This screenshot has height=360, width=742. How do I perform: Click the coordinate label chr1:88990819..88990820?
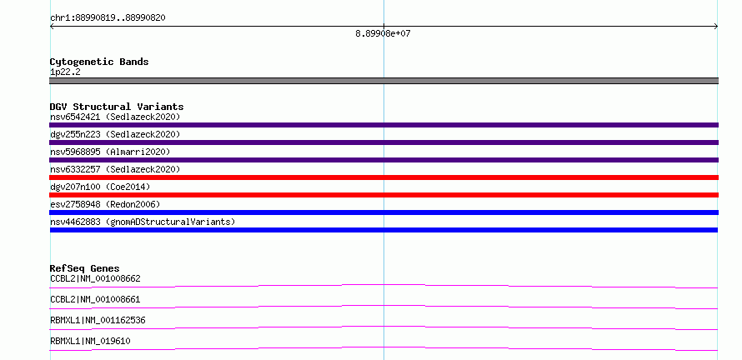point(108,18)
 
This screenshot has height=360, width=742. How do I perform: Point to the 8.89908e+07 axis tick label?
point(383,33)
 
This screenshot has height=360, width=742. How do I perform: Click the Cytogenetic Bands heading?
point(99,62)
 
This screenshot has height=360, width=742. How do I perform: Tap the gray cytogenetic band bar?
point(384,81)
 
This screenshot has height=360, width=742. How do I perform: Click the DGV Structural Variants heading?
point(117,107)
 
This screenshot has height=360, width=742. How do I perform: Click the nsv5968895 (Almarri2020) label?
point(110,152)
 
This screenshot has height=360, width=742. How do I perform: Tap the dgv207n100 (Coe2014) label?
point(100,187)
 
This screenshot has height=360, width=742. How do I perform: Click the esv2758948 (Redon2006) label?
point(105,204)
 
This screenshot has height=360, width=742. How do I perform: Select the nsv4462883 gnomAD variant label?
point(143,222)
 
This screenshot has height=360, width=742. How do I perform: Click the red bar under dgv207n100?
point(384,195)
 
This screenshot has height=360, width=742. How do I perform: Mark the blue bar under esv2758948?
point(384,212)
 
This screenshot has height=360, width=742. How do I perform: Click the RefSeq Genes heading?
point(85,268)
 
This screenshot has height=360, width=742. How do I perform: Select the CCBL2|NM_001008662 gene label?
point(95,278)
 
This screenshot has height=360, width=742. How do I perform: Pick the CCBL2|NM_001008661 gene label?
point(95,299)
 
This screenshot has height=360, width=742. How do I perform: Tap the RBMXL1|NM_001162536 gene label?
point(98,320)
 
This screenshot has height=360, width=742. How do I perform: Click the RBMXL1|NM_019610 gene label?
point(90,341)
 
